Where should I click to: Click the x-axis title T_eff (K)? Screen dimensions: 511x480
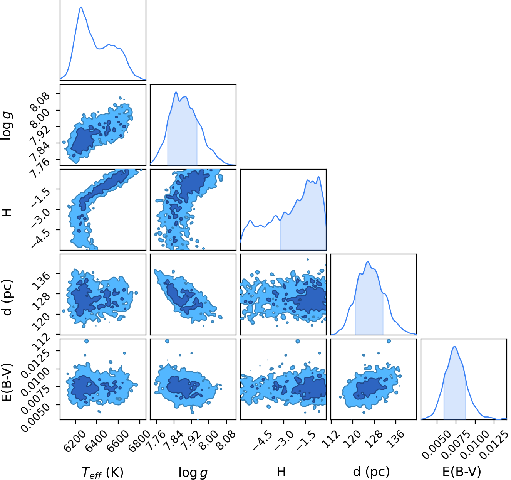pos(103,472)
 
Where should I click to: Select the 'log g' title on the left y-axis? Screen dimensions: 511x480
pos(7,126)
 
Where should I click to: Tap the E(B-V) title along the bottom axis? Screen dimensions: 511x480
pos(462,472)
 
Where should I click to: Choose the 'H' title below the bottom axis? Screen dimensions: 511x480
pos(281,472)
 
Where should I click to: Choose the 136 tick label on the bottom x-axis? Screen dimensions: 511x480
pos(397,438)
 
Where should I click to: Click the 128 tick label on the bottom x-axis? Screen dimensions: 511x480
pos(375,438)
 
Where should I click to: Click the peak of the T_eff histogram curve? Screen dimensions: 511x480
pos(81,7)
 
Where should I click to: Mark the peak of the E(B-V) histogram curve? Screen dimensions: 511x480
pos(455,346)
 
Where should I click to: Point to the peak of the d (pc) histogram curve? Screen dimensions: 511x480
pos(368,262)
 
